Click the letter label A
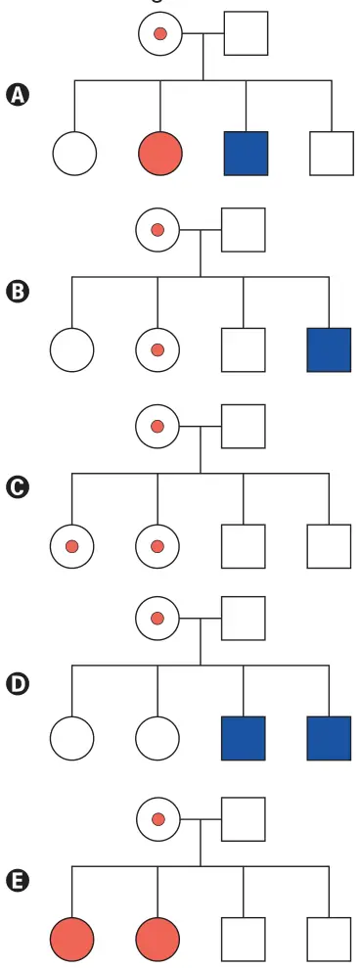(18, 96)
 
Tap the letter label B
(18, 292)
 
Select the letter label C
(18, 487)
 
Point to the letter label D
(18, 684)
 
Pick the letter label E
(18, 882)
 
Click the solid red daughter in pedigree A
(160, 153)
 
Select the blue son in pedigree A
(246, 153)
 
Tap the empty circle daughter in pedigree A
(74, 153)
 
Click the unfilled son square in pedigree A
(332, 153)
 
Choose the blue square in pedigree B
(329, 350)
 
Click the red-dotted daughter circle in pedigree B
(157, 350)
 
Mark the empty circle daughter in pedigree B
(72, 350)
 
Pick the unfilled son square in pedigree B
(244, 350)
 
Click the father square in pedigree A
(246, 33)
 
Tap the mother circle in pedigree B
(157, 230)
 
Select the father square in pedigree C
(244, 426)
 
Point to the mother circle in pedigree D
(157, 618)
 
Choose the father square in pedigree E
(244, 819)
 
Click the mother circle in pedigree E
(158, 819)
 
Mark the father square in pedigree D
(244, 618)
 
